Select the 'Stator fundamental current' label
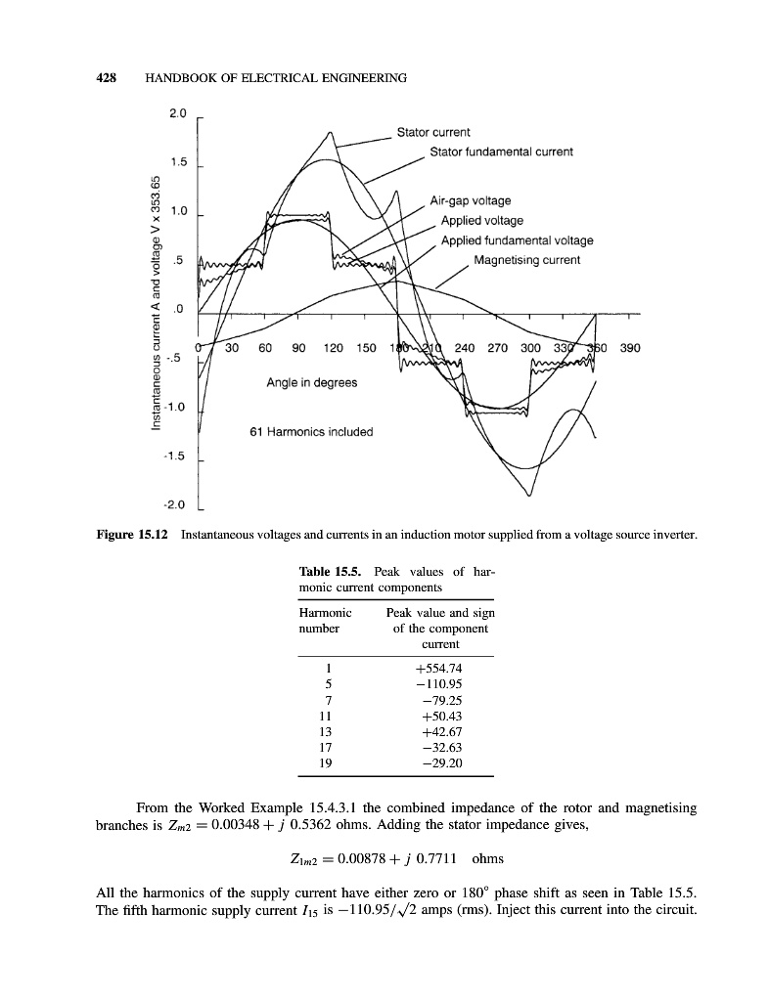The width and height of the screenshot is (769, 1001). pyautogui.click(x=501, y=152)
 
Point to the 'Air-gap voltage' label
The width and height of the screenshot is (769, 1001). pyautogui.click(x=471, y=201)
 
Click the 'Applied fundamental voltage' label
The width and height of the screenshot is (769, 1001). pyautogui.click(x=517, y=240)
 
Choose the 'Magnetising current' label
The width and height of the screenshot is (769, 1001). pyautogui.click(x=526, y=260)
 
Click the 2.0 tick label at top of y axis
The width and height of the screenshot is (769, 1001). pyautogui.click(x=177, y=114)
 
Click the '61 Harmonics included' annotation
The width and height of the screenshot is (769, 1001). pyautogui.click(x=311, y=431)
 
